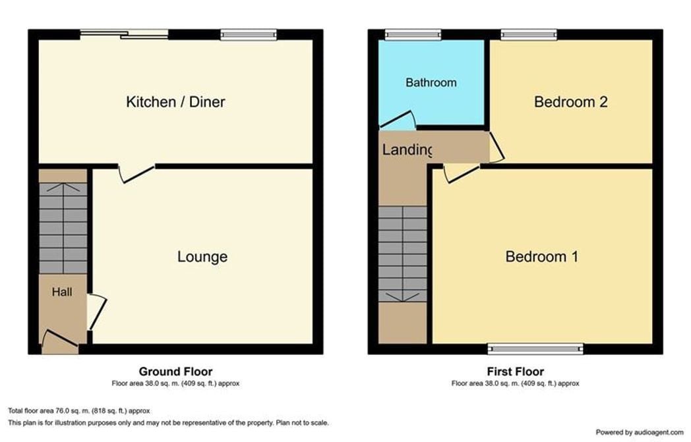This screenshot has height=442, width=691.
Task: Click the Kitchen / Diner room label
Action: (175, 102)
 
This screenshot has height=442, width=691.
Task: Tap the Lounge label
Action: (202, 257)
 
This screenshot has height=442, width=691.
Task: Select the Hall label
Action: (62, 292)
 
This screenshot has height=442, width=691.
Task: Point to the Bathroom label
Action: (431, 83)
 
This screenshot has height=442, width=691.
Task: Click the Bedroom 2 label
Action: (571, 102)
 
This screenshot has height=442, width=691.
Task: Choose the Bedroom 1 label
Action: (541, 257)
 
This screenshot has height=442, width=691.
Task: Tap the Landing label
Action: (407, 150)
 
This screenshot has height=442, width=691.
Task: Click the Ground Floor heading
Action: (175, 372)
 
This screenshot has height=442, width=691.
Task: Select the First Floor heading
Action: (515, 372)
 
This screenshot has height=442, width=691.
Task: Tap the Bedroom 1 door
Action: (462, 173)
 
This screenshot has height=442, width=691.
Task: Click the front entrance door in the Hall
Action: (60, 338)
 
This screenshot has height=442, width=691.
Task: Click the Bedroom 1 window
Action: (535, 349)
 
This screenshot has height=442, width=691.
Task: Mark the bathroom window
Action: (413, 35)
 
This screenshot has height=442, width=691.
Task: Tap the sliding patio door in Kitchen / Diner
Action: (124, 34)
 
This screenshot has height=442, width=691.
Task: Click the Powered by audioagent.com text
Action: (640, 432)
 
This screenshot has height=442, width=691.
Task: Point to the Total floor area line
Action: (79, 411)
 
